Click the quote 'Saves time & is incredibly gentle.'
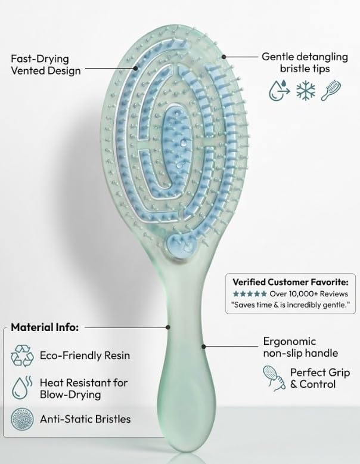290,304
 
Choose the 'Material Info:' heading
46,327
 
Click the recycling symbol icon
23,355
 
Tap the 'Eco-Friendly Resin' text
84,355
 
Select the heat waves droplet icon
22,387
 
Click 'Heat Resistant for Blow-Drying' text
83,388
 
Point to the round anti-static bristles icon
23,419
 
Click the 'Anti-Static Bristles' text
85,419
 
